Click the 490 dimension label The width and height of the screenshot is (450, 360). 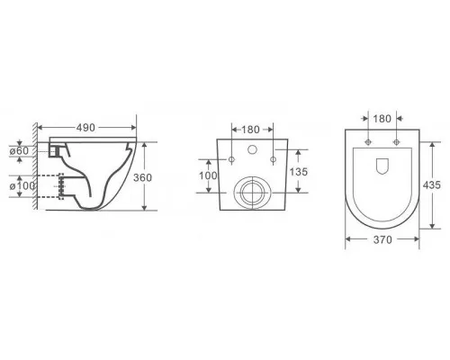pos(85,128)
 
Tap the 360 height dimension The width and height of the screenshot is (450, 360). pos(142,177)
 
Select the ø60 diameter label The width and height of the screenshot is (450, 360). pos(19,151)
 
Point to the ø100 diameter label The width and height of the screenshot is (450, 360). pos(22,186)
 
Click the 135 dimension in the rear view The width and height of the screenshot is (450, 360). pos(299,172)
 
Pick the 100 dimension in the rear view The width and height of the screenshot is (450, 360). pos(208,175)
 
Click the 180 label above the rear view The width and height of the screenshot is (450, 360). pos(250,130)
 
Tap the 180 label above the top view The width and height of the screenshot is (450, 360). pos(382,119)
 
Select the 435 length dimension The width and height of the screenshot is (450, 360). pos(431,185)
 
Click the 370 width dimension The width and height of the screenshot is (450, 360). pos(382,239)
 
